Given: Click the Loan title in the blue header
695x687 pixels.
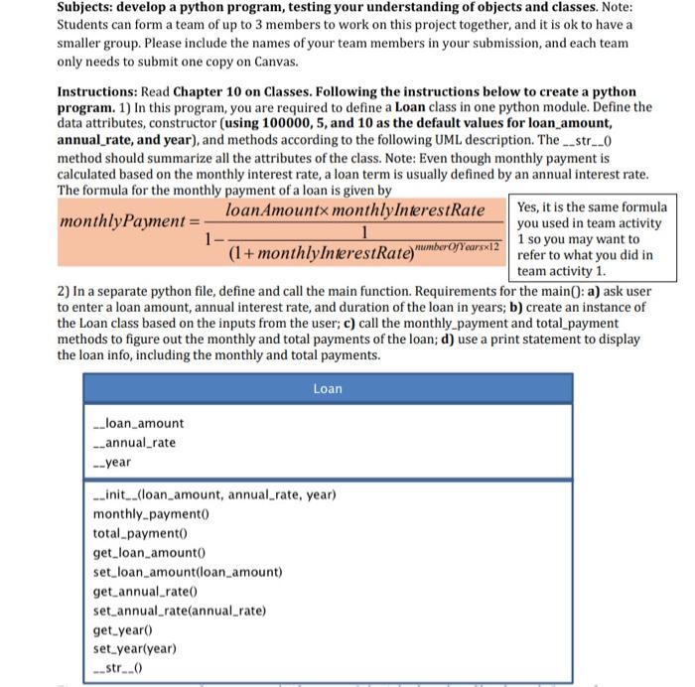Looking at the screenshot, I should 328,388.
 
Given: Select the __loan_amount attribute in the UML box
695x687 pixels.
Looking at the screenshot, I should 138,424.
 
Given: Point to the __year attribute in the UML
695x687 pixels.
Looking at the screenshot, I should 111,463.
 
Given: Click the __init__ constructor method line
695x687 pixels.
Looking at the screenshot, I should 213,494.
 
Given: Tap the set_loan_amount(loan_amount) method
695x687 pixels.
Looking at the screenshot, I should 188,572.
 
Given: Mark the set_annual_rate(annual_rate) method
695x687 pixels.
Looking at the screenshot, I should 180,611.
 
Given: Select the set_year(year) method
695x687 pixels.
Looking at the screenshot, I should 134,649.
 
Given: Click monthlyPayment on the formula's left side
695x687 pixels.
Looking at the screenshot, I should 122,220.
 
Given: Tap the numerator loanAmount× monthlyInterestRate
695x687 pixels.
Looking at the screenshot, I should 354,210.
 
